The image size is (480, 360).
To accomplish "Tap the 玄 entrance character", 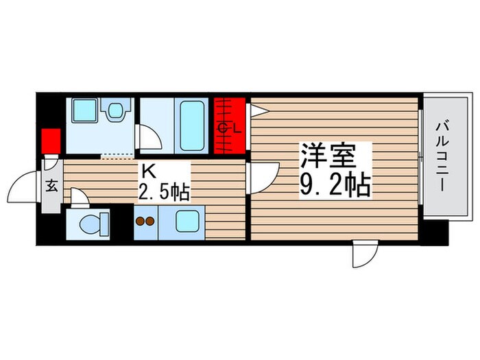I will pyautogui.click(x=51, y=185).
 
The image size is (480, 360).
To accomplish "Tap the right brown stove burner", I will pyautogui.click(x=149, y=221).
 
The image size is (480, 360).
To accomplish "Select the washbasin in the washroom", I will pyautogui.click(x=113, y=109).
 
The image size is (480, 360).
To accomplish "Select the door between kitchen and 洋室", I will pyautogui.click(x=262, y=176).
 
